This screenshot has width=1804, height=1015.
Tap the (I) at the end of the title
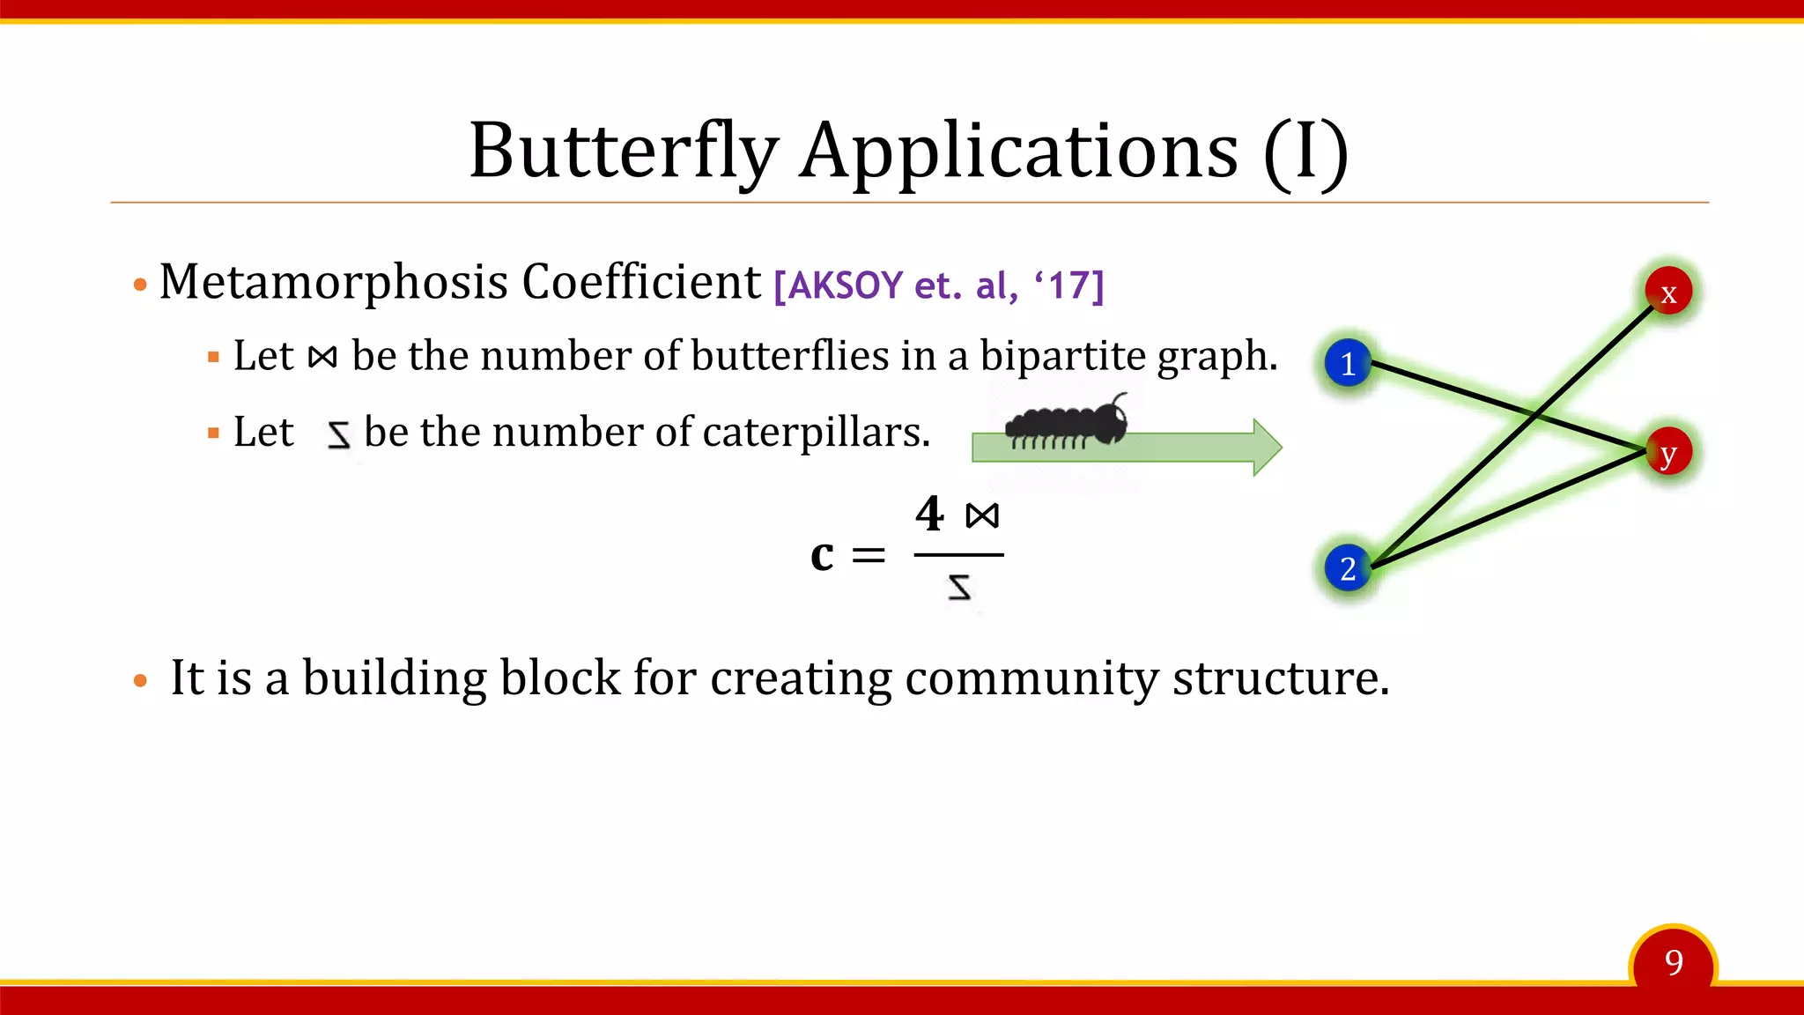pos(1305,152)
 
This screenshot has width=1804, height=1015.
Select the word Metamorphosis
pos(334,283)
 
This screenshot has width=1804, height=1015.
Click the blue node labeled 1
pos(1348,363)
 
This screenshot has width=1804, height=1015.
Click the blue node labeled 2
pos(1348,568)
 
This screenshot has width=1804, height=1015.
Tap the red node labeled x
pos(1668,292)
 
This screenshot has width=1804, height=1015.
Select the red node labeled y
pos(1668,453)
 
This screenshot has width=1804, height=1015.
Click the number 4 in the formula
pos(929,514)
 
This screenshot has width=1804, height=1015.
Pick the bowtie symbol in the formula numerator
pos(982,515)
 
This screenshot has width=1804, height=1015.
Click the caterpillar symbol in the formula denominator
pos(960,587)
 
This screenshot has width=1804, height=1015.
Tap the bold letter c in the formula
pos(822,555)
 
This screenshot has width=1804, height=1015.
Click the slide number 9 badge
pos(1674,963)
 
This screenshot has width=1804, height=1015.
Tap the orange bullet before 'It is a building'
pos(140,680)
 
